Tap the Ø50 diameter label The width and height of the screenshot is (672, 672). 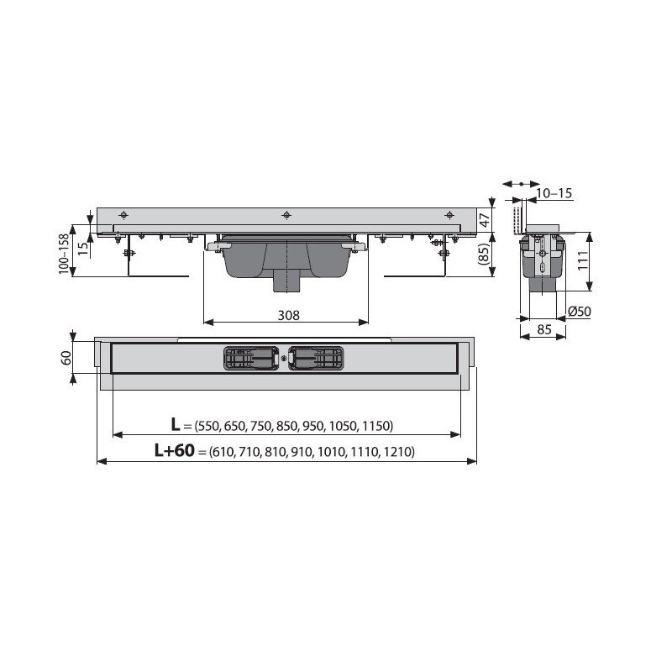[x=578, y=312]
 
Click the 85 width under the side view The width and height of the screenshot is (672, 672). [x=544, y=330]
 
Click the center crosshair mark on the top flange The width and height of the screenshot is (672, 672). [x=286, y=214]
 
